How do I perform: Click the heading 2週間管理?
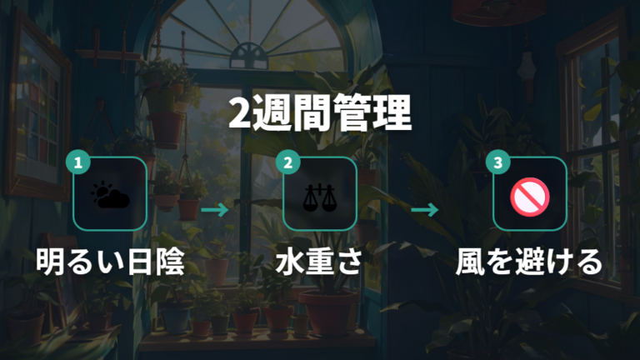coord(320,113)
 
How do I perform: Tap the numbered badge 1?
coord(78,162)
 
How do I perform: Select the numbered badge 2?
coord(288,162)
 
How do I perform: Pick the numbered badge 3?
coord(498,162)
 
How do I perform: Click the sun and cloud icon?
coord(110,195)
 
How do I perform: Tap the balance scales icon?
coord(320,197)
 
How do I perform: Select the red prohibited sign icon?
coord(530,197)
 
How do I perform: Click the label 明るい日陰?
coord(110,262)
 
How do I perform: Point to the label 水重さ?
coord(320,262)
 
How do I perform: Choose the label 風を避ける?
coord(529,262)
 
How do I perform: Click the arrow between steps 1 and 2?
coord(215,210)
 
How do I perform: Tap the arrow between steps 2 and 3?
coord(425,210)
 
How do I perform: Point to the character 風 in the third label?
coord(470,262)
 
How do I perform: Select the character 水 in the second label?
coord(290,262)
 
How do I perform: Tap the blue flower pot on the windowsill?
coord(176,319)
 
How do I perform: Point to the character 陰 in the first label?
coord(171,262)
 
